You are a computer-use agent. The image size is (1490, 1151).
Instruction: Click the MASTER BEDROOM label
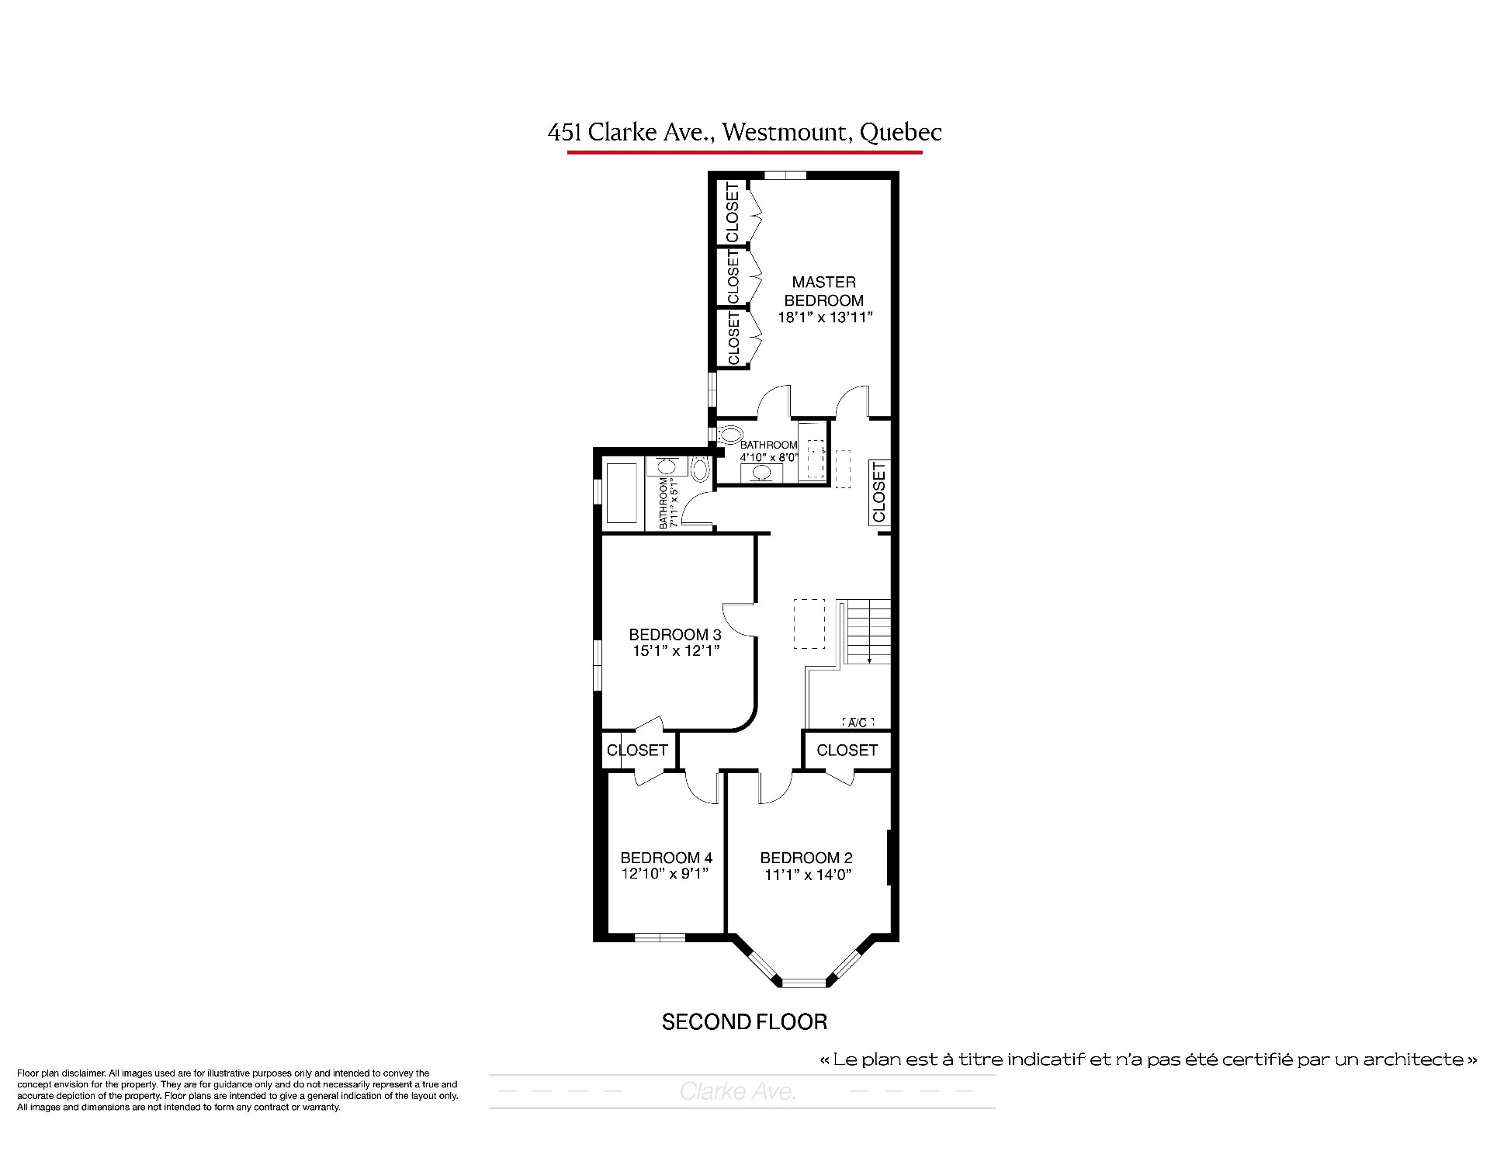(823, 291)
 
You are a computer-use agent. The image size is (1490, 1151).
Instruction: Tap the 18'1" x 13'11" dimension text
(826, 317)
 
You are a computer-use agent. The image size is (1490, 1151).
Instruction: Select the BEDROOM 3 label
(675, 635)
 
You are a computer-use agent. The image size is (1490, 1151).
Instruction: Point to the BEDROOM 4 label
(667, 858)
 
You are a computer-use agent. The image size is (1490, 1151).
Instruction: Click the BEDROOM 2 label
(806, 858)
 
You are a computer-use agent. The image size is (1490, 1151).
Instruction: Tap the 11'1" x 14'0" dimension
(808, 875)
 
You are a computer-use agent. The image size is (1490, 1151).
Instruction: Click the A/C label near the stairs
(858, 723)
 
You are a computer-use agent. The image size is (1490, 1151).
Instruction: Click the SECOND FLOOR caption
(744, 1022)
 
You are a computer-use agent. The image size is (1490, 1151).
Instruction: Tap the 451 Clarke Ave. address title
(744, 132)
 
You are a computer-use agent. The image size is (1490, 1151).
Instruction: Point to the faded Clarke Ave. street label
(738, 1092)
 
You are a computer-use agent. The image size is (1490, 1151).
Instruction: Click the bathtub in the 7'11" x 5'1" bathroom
(621, 493)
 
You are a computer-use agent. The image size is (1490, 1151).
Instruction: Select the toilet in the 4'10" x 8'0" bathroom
(729, 434)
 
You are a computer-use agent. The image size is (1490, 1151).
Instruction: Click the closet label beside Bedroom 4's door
(637, 751)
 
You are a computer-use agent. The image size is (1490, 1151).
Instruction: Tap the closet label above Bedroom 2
(847, 751)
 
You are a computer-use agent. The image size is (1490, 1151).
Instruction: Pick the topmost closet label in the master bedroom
(732, 213)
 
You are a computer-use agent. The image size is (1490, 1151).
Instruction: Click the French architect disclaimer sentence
(1149, 1059)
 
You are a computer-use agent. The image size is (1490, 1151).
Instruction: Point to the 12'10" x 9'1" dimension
(666, 873)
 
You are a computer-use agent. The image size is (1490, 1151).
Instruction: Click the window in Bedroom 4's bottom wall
(660, 937)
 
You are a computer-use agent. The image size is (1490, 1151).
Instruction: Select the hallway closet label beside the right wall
(879, 491)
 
